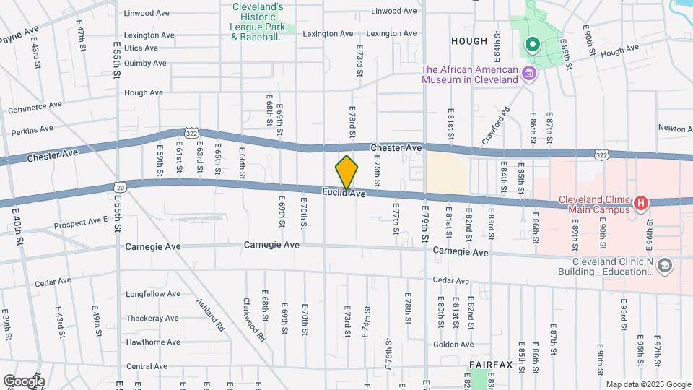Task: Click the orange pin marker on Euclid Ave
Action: click(346, 173)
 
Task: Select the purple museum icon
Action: click(529, 74)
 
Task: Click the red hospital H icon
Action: click(640, 204)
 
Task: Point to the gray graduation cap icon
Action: click(664, 266)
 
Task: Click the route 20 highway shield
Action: click(121, 187)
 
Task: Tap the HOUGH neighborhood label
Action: click(469, 41)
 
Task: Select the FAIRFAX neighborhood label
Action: click(491, 365)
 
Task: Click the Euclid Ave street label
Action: click(344, 193)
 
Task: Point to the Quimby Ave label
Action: click(145, 64)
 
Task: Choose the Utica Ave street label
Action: click(141, 48)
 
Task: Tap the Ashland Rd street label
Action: click(210, 314)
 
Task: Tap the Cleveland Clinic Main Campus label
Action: click(593, 205)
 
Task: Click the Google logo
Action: click(24, 381)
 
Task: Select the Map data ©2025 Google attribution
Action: click(648, 384)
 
